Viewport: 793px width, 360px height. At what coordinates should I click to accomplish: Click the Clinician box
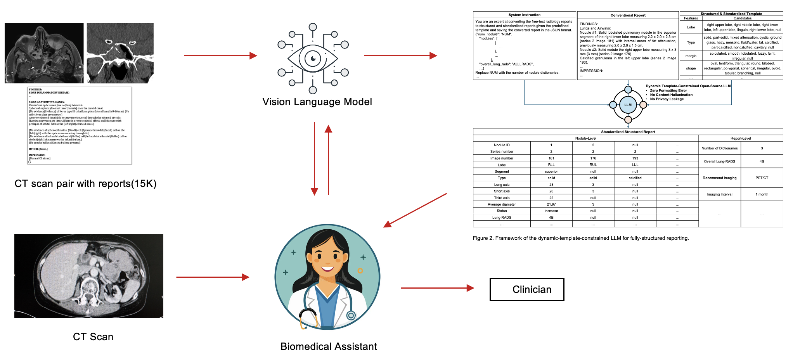pyautogui.click(x=526, y=289)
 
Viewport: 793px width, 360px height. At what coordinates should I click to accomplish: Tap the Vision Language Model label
pyautogui.click(x=317, y=102)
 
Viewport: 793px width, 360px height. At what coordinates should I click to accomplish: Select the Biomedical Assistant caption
pyautogui.click(x=329, y=346)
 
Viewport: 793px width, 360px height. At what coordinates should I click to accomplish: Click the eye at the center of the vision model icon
pyautogui.click(x=313, y=59)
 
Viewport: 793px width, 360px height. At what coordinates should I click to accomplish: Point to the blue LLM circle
pyautogui.click(x=628, y=105)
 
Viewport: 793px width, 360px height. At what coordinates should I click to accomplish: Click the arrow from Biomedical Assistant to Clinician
pyautogui.click(x=437, y=288)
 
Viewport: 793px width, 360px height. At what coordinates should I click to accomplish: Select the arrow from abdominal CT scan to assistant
pyautogui.click(x=213, y=277)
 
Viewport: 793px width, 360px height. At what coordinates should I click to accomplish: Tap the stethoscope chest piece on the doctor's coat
pyautogui.click(x=351, y=315)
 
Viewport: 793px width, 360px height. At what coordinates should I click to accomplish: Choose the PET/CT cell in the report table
pyautogui.click(x=762, y=178)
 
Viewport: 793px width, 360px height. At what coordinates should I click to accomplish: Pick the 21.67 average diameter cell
pyautogui.click(x=551, y=204)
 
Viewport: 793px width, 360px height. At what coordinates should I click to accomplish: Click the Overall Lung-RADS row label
pyautogui.click(x=719, y=161)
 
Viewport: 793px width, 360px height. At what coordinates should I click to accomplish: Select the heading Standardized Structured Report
pyautogui.click(x=628, y=132)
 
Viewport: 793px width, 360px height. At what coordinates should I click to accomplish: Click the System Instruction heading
pyautogui.click(x=524, y=15)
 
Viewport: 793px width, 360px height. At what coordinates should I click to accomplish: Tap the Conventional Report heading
pyautogui.click(x=628, y=15)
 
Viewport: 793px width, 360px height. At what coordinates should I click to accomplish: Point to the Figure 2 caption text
pyautogui.click(x=580, y=238)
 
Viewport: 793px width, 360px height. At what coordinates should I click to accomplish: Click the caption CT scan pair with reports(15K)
pyautogui.click(x=85, y=183)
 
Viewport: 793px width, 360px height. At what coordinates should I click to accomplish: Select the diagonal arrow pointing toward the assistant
pyautogui.click(x=415, y=210)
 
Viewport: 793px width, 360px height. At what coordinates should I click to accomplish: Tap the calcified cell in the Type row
pyautogui.click(x=635, y=178)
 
